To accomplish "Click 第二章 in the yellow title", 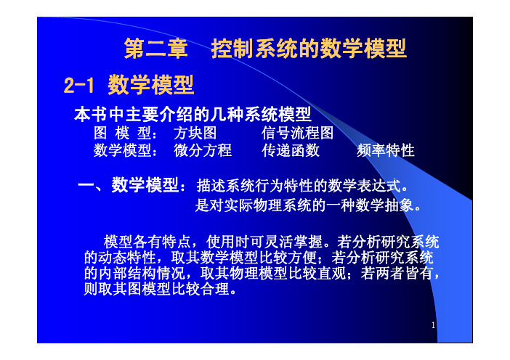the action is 156,49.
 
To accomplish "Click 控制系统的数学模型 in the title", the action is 309,49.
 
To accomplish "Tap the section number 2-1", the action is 78,85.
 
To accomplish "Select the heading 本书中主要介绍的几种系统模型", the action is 193,115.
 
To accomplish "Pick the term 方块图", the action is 195,133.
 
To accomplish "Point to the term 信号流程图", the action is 297,133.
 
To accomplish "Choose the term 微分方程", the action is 203,150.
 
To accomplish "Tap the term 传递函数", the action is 291,150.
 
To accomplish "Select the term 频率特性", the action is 386,150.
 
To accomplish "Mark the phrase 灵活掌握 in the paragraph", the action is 293,242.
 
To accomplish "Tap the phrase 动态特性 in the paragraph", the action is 127,258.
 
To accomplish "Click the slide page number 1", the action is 433,325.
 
